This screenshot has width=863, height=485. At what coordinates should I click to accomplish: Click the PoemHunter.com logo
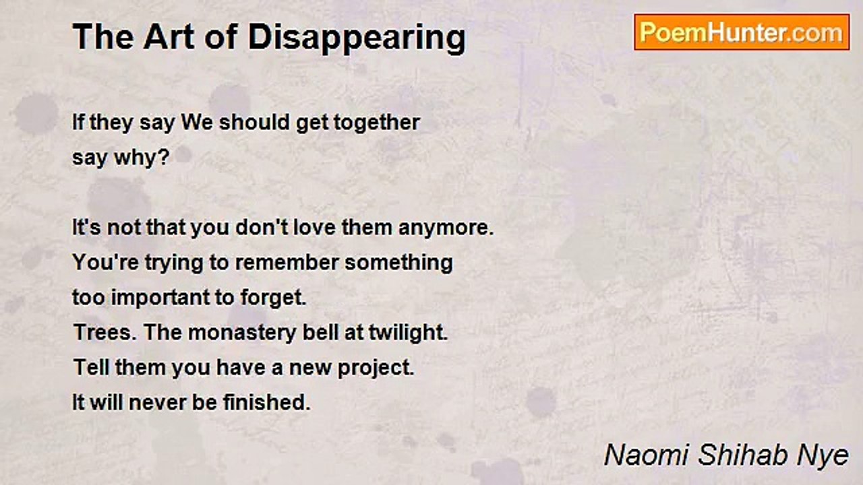(742, 32)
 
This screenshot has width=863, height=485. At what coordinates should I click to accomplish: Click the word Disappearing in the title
(357, 38)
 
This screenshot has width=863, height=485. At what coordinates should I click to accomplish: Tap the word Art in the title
(165, 37)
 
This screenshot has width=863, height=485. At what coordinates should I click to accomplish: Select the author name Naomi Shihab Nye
(726, 455)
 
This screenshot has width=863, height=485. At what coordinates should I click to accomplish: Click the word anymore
(446, 228)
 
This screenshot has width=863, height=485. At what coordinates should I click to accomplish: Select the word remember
(287, 263)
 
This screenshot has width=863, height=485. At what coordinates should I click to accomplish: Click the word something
(398, 263)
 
